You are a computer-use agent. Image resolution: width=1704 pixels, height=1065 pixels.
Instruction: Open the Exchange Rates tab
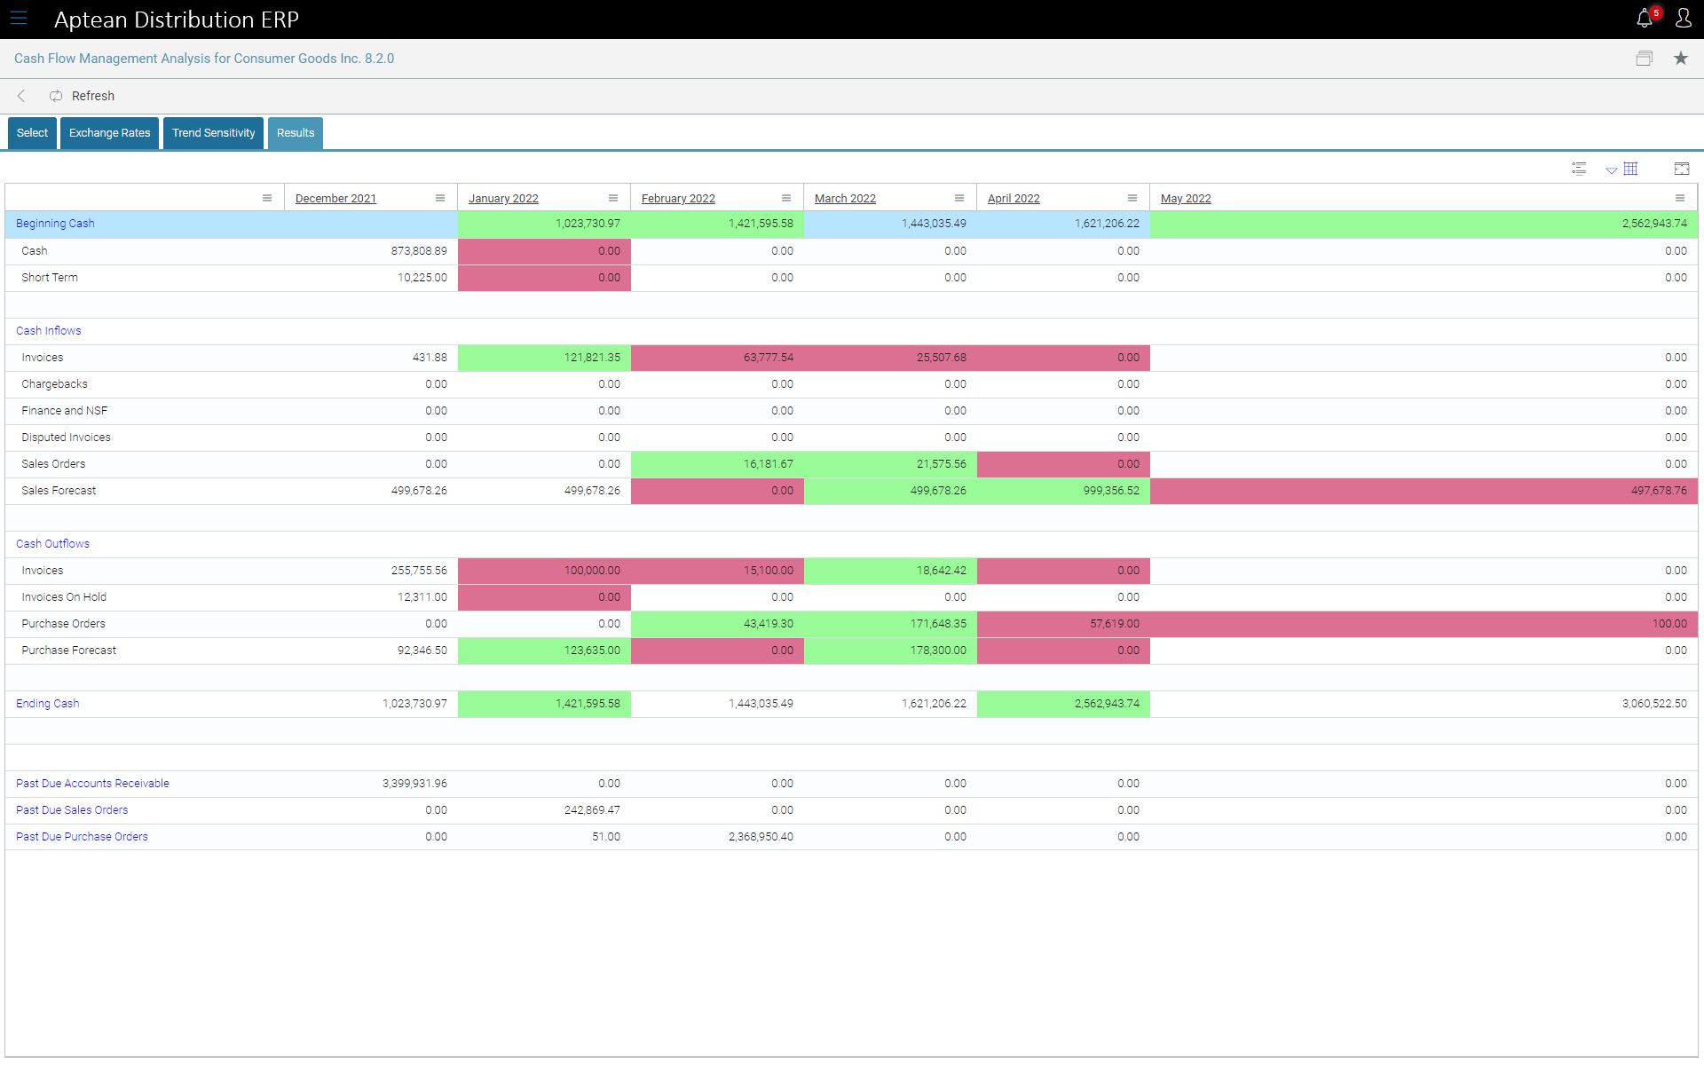click(109, 133)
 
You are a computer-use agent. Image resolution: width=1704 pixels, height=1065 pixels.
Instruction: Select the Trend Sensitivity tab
click(213, 133)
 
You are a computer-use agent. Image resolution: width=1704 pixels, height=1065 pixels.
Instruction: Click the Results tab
click(296, 133)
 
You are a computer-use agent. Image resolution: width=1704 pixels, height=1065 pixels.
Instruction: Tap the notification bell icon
click(1644, 19)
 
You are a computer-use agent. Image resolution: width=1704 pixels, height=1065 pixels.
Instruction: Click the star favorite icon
click(1680, 59)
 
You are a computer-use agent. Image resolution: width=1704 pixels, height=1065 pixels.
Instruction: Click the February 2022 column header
click(678, 199)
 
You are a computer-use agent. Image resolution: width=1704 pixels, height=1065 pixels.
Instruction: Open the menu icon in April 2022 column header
click(1132, 198)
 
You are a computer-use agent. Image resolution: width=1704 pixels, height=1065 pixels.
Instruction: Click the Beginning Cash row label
click(55, 224)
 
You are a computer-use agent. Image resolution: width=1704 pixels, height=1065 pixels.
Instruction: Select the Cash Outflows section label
click(52, 544)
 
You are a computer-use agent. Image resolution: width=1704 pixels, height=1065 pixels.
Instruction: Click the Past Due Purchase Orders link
click(82, 837)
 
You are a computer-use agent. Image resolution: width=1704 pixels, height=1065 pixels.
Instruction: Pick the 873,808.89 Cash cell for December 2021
click(419, 251)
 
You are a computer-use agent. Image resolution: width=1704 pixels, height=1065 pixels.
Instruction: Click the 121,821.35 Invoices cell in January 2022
click(592, 358)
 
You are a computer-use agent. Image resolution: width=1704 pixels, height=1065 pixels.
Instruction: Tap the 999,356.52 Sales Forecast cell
click(1110, 491)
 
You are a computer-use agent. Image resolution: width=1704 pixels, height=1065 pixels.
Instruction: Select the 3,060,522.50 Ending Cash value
click(1654, 704)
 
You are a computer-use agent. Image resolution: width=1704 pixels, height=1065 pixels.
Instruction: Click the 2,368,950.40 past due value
click(761, 837)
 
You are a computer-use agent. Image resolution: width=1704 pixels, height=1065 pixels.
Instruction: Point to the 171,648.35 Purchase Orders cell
click(937, 624)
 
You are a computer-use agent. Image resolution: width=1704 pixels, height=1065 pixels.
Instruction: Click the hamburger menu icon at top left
click(19, 19)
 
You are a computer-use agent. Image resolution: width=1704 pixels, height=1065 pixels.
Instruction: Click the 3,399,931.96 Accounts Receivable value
click(414, 784)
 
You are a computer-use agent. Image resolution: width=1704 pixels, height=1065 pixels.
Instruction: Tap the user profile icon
click(1683, 19)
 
